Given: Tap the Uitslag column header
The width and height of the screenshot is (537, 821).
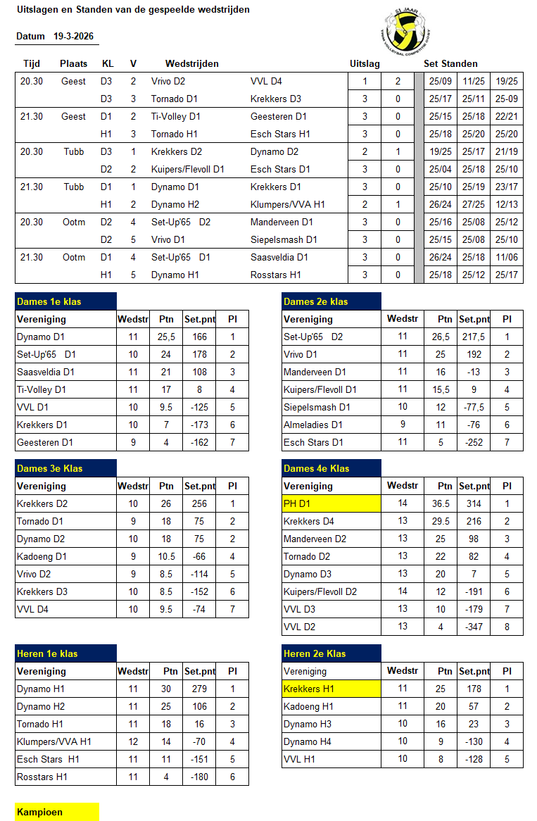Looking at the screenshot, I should pos(365,63).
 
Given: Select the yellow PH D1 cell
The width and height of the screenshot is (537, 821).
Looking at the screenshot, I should pos(331,503).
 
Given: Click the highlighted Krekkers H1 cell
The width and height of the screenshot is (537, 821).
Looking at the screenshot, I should pos(331,689).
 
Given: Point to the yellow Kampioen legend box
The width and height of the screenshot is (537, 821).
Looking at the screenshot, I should pos(57,812).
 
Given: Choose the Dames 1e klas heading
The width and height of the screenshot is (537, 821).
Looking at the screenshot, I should pos(65,301).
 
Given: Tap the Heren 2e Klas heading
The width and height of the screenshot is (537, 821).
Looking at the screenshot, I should pos(331,653).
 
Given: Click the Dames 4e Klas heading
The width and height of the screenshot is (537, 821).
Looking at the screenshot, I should pos(331,468).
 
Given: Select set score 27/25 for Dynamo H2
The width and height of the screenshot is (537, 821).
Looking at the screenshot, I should pos(473,204).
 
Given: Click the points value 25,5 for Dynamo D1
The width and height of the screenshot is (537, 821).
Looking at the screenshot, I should pos(166,337).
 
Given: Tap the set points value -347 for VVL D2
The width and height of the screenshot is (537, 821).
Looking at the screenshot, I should pos(474,627).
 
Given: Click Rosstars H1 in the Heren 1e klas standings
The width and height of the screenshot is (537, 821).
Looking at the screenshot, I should pos(44,777).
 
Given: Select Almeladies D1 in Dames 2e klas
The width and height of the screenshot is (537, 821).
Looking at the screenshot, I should pos(313,425).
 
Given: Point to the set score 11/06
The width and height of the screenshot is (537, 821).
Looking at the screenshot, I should pos(507,257).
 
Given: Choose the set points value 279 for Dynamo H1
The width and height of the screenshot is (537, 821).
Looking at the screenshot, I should pos(199,689).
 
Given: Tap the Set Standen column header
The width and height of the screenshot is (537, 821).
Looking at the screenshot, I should pos(450,63).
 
